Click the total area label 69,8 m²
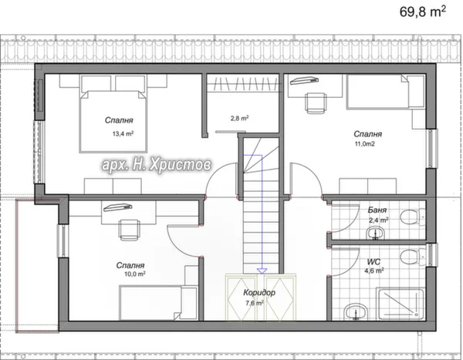click(423, 12)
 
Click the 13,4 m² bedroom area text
click(123, 133)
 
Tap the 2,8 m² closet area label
click(239, 118)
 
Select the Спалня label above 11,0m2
click(367, 134)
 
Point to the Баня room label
click(377, 210)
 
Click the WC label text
click(373, 262)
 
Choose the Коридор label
click(259, 292)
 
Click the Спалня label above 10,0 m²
click(130, 265)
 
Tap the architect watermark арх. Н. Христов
click(157, 165)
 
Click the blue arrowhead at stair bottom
click(262, 271)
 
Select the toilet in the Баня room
click(413, 217)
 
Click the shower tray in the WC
click(400, 304)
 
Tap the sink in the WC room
click(356, 311)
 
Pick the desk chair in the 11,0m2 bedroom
click(316, 103)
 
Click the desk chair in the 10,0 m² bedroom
click(129, 230)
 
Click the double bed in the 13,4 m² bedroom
click(113, 113)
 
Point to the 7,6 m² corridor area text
click(255, 303)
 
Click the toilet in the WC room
click(413, 257)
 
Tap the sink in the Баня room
click(375, 234)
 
